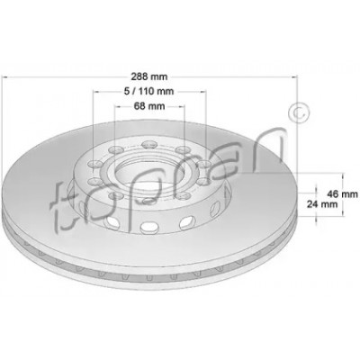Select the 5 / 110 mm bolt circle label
149,91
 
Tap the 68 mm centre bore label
149,106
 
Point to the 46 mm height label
342,194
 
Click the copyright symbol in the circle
298,113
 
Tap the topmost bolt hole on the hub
149,145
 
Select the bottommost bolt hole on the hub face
149,202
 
